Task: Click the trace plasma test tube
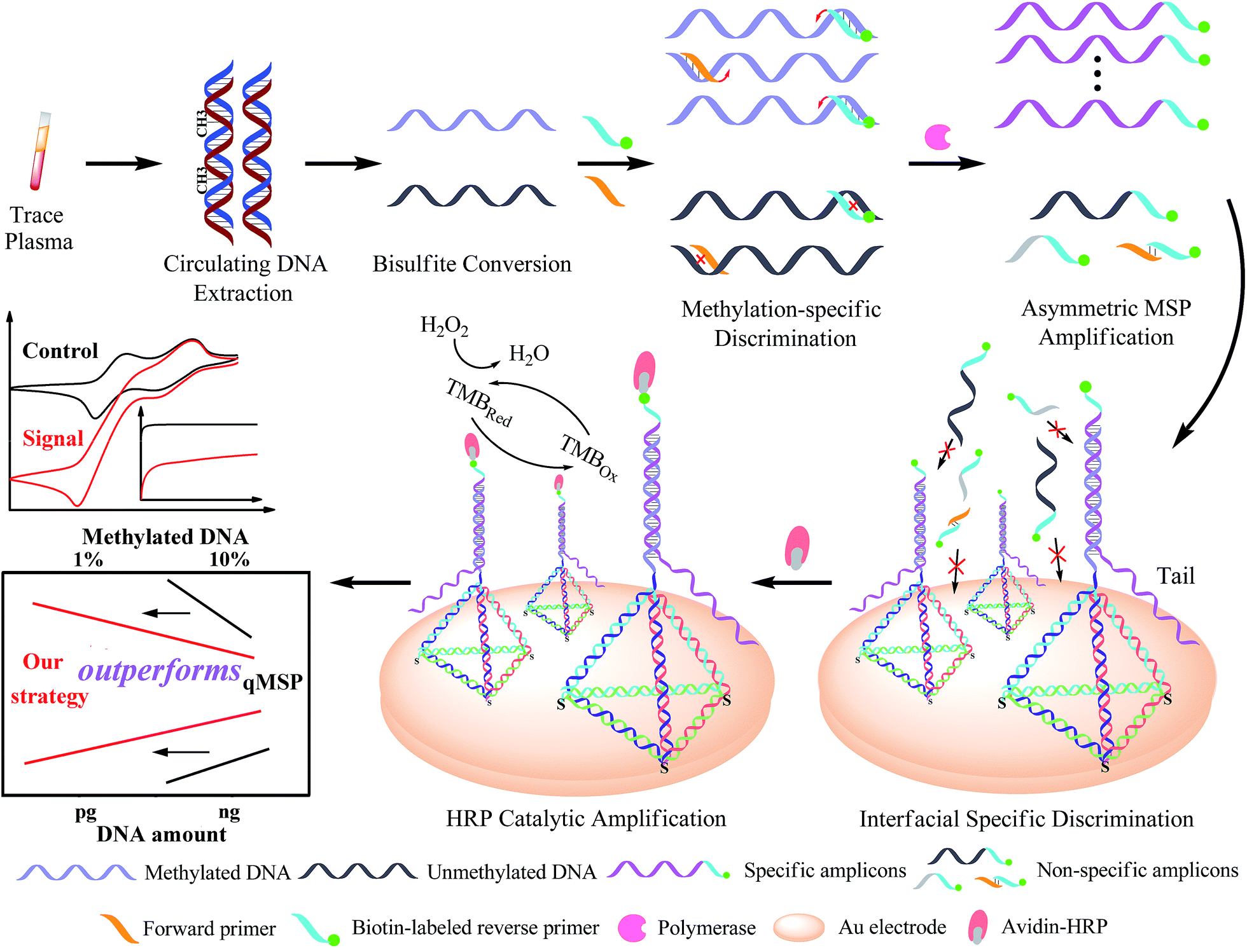[40, 151]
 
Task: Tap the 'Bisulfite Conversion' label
[471, 264]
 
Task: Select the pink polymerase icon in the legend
[632, 928]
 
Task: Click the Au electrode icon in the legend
[798, 927]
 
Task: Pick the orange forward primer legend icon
[119, 928]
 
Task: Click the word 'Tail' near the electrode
[1175, 576]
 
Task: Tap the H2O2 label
[444, 326]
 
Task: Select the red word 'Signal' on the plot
[53, 438]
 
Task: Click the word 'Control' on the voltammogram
[60, 351]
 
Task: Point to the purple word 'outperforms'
[159, 671]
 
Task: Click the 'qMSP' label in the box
[272, 682]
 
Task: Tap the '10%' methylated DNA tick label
[229, 560]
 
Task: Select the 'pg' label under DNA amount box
[85, 812]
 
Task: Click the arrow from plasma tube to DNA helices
[123, 163]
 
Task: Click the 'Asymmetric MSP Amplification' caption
[1106, 322]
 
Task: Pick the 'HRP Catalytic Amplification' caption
[585, 818]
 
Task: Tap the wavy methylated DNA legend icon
[76, 872]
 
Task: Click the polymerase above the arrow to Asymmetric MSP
[937, 137]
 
